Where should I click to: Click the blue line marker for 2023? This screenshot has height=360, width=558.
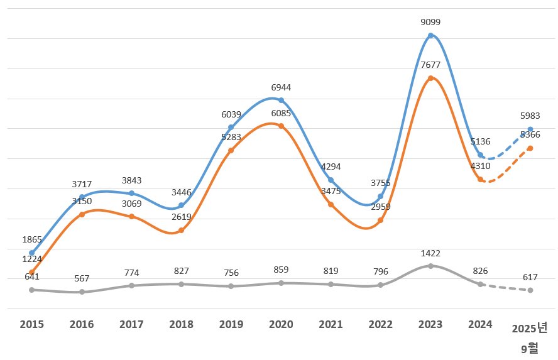430,36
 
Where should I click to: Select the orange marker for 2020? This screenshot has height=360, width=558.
281,126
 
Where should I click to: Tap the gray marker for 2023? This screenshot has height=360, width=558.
430,266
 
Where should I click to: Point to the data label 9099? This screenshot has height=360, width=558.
430,22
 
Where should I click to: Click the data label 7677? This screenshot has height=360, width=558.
430,65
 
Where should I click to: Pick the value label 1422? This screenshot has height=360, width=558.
430,253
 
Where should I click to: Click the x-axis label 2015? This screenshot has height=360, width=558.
32,324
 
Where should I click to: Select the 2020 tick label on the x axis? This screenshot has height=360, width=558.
281,324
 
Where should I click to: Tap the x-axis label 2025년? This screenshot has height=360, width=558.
530,328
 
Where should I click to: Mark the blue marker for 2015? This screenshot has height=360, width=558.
32,253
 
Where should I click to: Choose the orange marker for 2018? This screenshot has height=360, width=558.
181,231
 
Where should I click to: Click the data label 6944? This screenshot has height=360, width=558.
281,87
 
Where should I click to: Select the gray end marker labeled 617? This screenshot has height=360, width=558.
530,290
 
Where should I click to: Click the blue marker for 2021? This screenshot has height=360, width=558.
331,180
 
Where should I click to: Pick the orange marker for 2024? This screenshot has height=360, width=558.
480,180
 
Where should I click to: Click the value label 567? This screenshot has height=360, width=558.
82,278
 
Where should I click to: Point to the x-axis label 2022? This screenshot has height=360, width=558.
381,324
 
